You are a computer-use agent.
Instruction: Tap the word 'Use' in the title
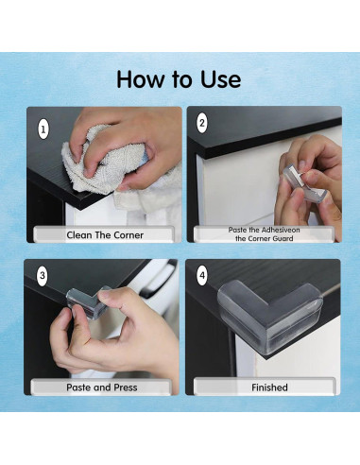216,79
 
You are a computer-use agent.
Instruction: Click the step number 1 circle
42,126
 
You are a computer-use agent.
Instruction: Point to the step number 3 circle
42,276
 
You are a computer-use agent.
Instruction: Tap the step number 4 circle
201,276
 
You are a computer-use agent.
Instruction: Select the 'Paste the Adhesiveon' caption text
265,230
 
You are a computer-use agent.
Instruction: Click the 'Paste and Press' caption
103,387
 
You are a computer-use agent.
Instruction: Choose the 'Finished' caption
265,387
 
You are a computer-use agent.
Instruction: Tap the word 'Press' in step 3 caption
125,387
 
